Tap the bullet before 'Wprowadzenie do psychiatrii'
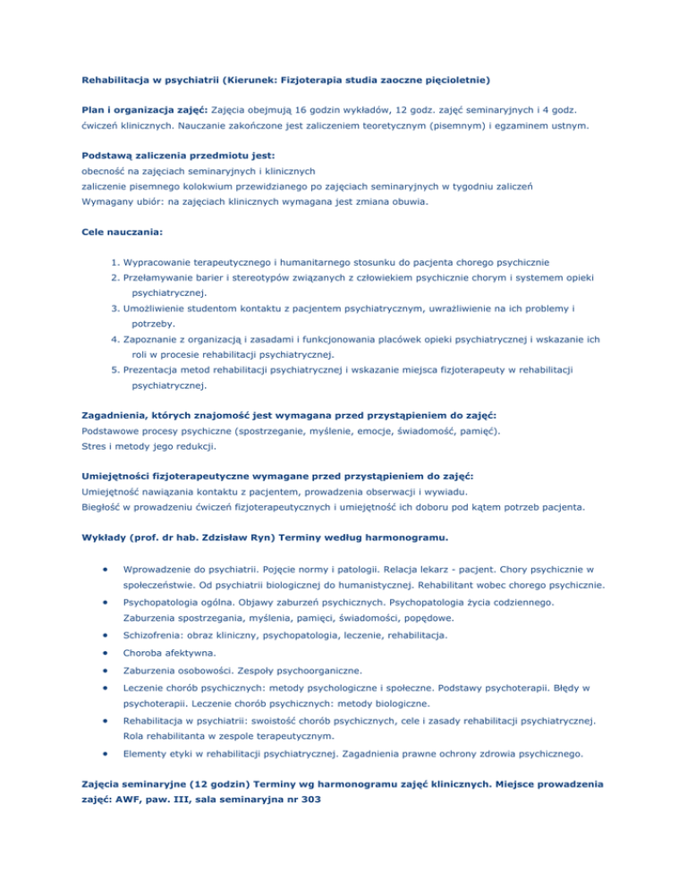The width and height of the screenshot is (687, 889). (106, 568)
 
